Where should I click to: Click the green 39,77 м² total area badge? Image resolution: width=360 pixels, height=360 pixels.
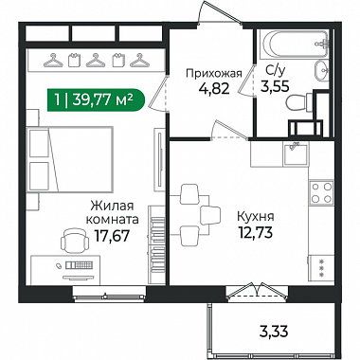click(96, 100)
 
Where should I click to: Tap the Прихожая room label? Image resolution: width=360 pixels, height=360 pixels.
click(214, 74)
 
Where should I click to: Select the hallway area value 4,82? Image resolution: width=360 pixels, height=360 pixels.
click(214, 89)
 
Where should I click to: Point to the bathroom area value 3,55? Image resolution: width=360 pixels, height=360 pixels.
click(275, 86)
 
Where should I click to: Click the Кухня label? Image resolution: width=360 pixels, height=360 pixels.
click(256, 217)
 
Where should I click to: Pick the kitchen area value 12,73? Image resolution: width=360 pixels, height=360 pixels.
click(256, 233)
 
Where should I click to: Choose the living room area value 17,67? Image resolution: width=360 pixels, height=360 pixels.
click(113, 236)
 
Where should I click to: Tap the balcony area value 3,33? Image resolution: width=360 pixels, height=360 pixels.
click(274, 332)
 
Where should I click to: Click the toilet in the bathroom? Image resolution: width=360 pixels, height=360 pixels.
click(299, 101)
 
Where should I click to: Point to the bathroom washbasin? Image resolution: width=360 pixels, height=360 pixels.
click(322, 70)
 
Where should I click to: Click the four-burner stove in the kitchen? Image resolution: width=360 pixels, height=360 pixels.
click(321, 192)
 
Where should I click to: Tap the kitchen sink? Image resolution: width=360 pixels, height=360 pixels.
click(296, 154)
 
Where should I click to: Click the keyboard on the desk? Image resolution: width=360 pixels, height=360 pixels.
click(79, 265)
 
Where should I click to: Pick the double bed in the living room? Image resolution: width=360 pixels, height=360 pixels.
click(70, 159)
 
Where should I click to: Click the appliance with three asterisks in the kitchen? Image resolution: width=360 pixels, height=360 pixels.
click(321, 268)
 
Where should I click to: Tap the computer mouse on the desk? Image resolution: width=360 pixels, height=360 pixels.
click(59, 265)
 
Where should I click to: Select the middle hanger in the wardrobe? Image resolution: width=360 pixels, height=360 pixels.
click(96, 60)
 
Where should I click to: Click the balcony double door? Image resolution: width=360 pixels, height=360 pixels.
click(259, 290)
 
